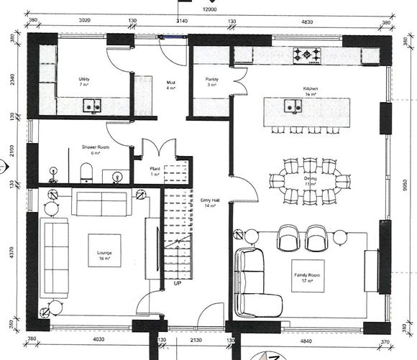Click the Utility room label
[83, 79]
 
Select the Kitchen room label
[310, 89]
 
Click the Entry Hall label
[209, 202]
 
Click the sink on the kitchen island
[293, 107]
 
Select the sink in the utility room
[91, 106]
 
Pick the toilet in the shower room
[86, 170]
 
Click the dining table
[310, 183]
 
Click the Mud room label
[171, 85]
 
